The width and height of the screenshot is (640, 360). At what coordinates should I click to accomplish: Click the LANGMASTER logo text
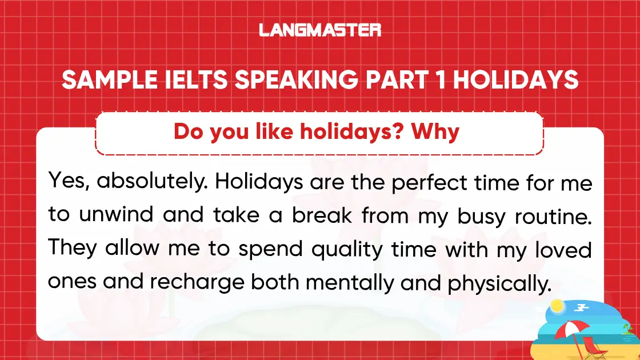(x=320, y=30)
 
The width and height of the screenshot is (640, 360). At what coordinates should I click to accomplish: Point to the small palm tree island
(x=628, y=330)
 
